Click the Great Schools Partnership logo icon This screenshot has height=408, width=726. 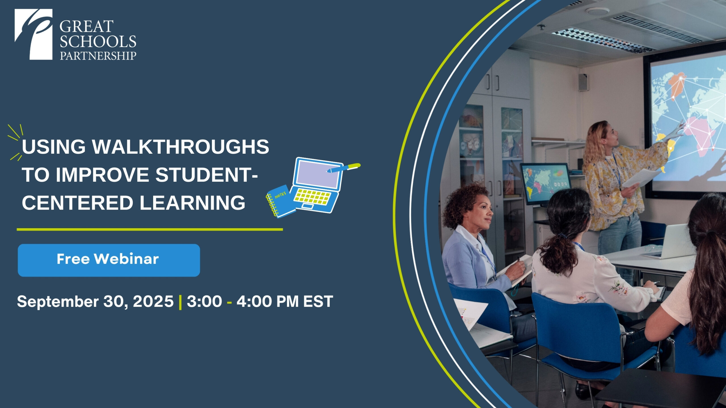tap(33, 34)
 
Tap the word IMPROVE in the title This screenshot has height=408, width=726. tap(102, 175)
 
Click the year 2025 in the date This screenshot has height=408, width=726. tap(153, 301)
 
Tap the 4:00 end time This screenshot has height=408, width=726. tap(254, 301)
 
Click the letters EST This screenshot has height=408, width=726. tap(318, 301)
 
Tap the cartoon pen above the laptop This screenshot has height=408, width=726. tap(344, 168)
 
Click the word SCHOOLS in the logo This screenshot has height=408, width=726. tap(98, 42)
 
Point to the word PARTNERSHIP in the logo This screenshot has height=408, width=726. tap(98, 56)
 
